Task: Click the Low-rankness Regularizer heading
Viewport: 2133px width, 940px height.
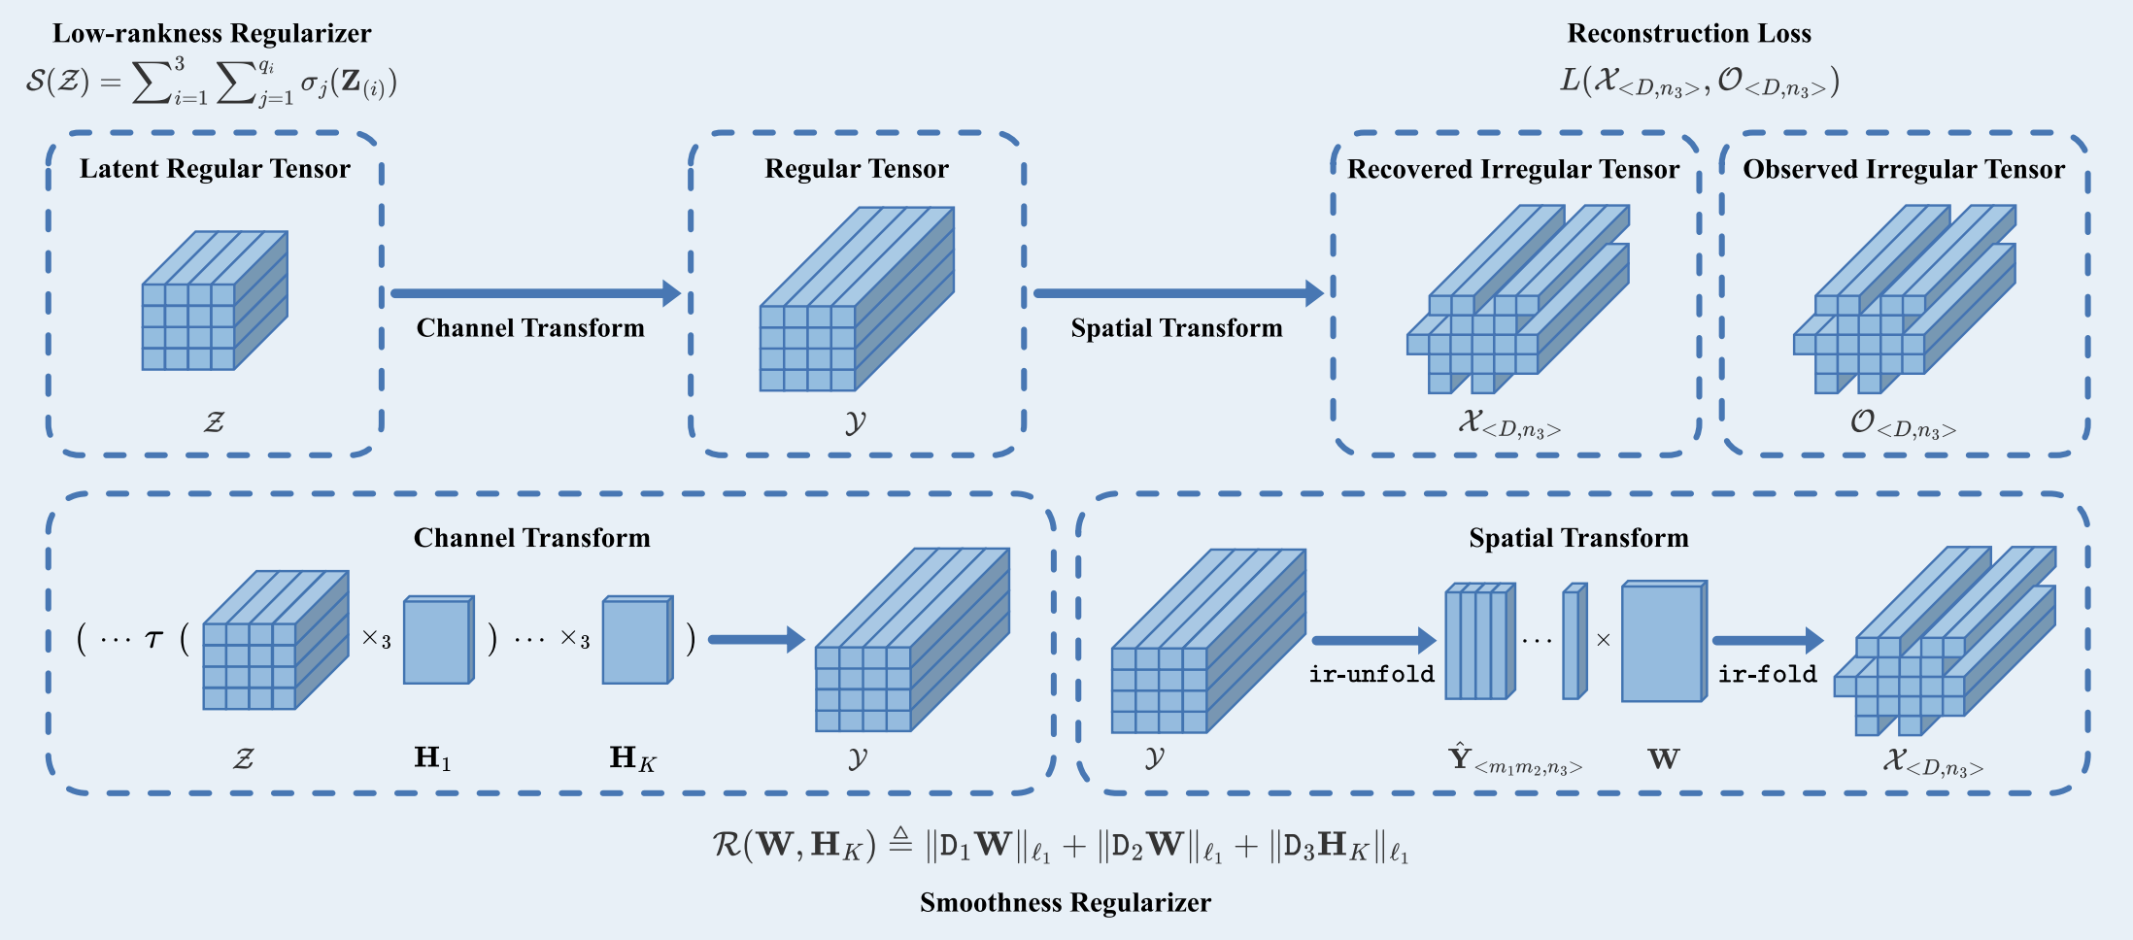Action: (212, 34)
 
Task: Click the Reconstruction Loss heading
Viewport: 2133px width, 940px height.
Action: (1689, 34)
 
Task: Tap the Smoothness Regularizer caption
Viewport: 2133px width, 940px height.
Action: (1066, 903)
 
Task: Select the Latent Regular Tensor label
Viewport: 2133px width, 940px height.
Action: (215, 169)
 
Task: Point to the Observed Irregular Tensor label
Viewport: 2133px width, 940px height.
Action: (1904, 169)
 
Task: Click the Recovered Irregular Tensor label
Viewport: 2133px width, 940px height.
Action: (1513, 169)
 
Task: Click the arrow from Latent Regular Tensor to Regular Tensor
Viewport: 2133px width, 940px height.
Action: (535, 293)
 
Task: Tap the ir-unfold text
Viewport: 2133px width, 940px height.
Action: (1371, 674)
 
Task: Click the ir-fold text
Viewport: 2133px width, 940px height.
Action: (1767, 674)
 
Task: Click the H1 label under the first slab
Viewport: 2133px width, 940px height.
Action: (433, 757)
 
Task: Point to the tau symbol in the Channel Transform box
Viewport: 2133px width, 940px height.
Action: (153, 639)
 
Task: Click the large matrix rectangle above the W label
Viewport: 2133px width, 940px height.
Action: (1664, 641)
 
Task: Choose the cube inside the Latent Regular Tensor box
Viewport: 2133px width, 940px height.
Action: (215, 301)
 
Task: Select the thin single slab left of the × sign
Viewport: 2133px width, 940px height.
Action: (1574, 641)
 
